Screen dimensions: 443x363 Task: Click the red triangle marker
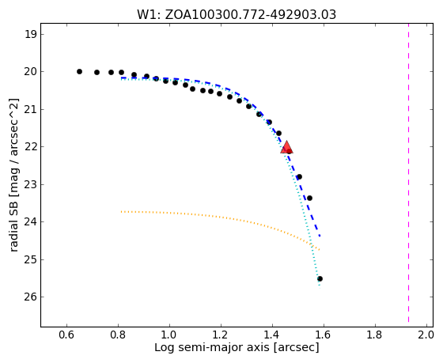pos(286,147)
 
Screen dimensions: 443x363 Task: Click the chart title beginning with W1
pos(237,15)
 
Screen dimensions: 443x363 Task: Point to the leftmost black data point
pos(79,71)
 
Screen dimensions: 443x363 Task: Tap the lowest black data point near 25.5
pos(320,279)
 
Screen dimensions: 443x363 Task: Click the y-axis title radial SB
pos(14,175)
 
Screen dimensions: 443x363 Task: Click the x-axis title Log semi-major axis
pos(237,347)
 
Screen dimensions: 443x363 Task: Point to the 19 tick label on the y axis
pos(31,35)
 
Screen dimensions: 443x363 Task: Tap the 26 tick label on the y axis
pos(31,297)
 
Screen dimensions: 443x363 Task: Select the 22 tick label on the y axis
pos(31,147)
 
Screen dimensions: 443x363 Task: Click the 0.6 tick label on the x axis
pos(66,335)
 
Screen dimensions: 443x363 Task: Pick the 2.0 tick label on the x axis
pos(426,335)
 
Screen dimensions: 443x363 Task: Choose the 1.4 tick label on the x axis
pos(272,335)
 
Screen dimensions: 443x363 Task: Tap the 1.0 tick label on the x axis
pos(169,335)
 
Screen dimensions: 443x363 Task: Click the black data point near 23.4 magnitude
pos(309,198)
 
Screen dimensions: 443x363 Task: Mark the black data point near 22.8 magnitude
pos(300,177)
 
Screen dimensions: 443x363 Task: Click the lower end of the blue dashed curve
pos(320,236)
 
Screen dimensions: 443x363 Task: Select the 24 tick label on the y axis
pos(31,222)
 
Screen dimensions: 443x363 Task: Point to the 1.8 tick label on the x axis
pos(375,335)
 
